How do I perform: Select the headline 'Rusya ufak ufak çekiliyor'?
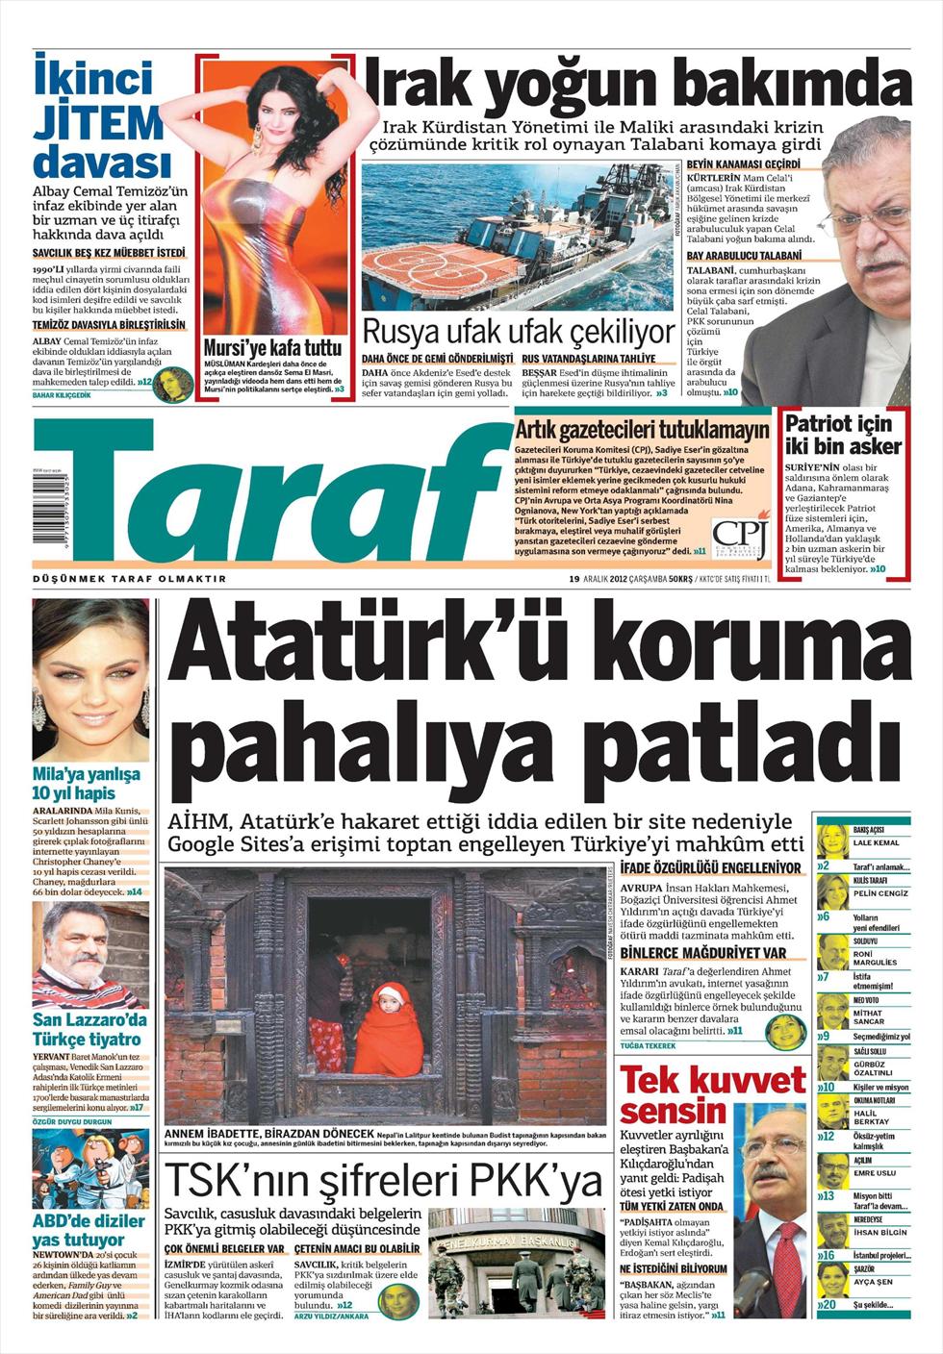[518, 333]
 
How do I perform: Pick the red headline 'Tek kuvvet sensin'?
[713, 1095]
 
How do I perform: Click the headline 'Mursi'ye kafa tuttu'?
[272, 347]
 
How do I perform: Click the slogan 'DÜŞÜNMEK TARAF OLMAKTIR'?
[130, 579]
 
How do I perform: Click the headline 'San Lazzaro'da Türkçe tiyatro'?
[90, 1030]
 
